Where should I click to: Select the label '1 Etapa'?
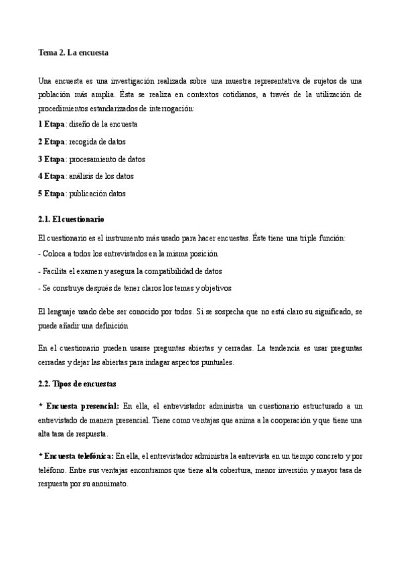click(x=52, y=124)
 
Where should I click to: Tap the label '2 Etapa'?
click(x=52, y=141)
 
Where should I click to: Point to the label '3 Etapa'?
click(x=52, y=159)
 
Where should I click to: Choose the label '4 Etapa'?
click(x=52, y=176)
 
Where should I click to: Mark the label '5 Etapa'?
click(x=52, y=194)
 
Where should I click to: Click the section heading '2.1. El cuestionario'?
click(x=71, y=220)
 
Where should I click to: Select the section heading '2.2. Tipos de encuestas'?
click(x=78, y=384)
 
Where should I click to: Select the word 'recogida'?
click(x=83, y=141)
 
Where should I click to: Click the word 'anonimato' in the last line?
click(x=108, y=483)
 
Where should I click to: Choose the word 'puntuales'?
click(x=214, y=362)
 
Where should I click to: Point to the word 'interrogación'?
click(x=171, y=107)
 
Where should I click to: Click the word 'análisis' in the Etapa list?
click(x=83, y=176)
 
